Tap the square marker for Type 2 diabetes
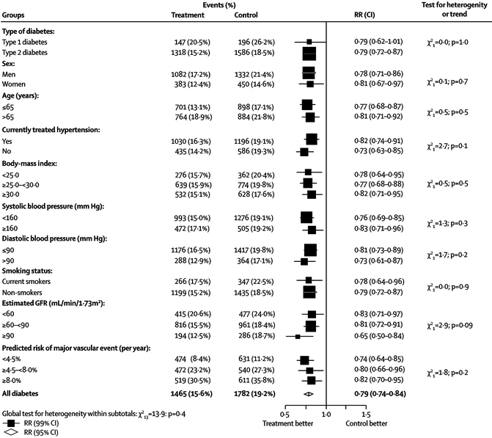click(309, 53)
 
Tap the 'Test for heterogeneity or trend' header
click(455, 10)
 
